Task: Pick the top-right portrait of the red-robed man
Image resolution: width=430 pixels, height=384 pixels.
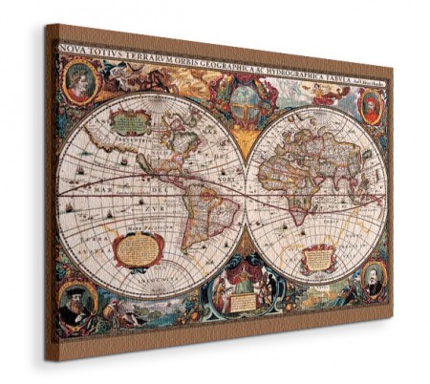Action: pos(368,102)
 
